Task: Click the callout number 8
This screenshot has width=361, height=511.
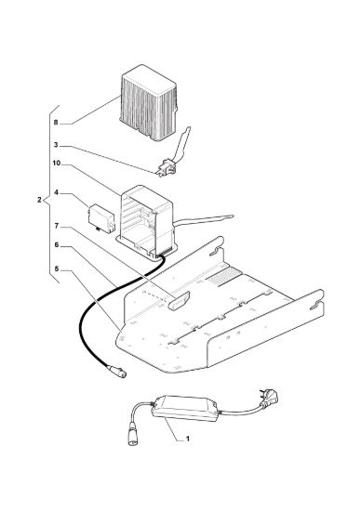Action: click(x=56, y=123)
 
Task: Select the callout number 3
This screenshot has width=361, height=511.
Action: click(x=56, y=145)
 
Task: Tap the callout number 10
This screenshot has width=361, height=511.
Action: click(x=57, y=163)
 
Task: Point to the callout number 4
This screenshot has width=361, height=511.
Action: click(x=56, y=192)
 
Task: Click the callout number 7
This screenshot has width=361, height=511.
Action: click(x=56, y=226)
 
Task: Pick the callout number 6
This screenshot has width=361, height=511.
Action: click(x=56, y=244)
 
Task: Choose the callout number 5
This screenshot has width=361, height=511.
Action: click(x=56, y=269)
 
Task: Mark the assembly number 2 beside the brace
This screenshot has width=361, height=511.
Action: click(x=39, y=200)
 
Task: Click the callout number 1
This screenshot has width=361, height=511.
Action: click(x=188, y=439)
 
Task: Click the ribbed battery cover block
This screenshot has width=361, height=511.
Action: click(x=149, y=103)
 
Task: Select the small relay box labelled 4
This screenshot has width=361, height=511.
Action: click(x=101, y=218)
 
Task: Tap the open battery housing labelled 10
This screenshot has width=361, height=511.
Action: click(x=148, y=222)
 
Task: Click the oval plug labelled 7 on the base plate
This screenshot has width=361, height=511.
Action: click(x=179, y=301)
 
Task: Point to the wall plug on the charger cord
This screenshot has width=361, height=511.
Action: click(x=269, y=399)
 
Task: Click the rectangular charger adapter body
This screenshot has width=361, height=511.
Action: click(x=185, y=408)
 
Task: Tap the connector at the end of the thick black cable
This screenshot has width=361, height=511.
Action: click(x=117, y=372)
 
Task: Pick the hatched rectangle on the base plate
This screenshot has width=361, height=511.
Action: click(x=225, y=276)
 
